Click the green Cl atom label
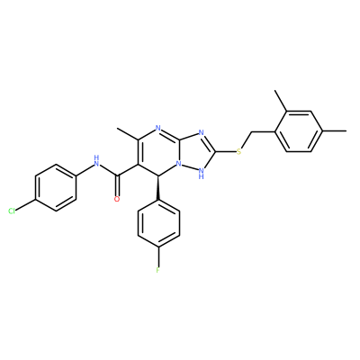(x=12, y=211)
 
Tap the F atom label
(x=158, y=270)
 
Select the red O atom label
(x=117, y=199)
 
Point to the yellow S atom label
(x=238, y=151)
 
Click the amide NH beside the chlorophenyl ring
(x=96, y=161)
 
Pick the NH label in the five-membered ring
(x=202, y=174)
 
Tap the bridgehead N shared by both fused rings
(x=179, y=164)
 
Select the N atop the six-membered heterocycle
(x=158, y=128)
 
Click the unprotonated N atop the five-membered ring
(x=201, y=132)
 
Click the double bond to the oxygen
(x=117, y=184)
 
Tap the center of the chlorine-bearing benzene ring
(x=56, y=187)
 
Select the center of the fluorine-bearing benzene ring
(x=158, y=223)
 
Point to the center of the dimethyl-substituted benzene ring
(x=299, y=131)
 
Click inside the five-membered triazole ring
(x=196, y=151)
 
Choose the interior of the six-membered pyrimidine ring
(x=158, y=152)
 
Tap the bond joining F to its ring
(x=158, y=256)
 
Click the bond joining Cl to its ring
(x=26, y=205)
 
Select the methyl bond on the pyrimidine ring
(x=128, y=134)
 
